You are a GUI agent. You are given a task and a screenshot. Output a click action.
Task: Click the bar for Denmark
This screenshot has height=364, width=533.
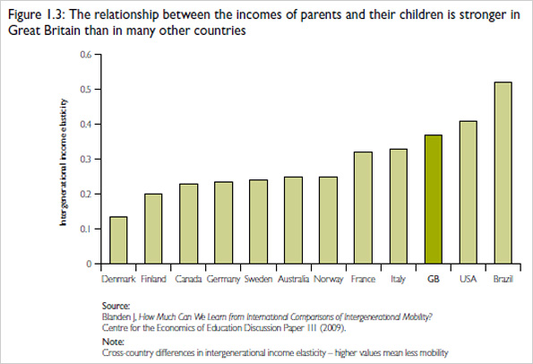pyautogui.click(x=118, y=240)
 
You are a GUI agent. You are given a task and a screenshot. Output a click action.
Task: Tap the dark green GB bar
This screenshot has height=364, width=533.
pyautogui.click(x=434, y=199)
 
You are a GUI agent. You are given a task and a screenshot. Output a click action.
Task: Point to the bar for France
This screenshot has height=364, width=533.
pyautogui.click(x=364, y=208)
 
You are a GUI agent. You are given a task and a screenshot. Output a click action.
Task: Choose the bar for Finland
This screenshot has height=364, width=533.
pyautogui.click(x=153, y=229)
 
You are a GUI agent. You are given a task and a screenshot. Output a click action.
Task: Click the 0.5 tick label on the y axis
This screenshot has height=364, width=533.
pyautogui.click(x=86, y=89)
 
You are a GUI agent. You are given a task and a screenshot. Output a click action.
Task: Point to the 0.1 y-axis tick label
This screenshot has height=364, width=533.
pyautogui.click(x=86, y=229)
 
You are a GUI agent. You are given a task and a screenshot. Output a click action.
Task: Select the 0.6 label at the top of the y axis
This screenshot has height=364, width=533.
pyautogui.click(x=86, y=54)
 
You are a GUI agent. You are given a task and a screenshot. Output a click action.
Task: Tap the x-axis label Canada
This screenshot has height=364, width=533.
pyautogui.click(x=188, y=279)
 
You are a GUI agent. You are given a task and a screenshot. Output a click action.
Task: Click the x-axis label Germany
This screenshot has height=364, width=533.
pyautogui.click(x=223, y=279)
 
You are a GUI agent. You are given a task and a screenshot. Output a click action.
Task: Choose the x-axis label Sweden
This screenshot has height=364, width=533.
pyautogui.click(x=257, y=279)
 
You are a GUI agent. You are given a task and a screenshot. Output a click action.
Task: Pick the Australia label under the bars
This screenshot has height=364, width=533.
pyautogui.click(x=293, y=279)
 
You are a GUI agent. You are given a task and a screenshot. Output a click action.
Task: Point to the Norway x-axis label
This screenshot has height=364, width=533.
pyautogui.click(x=328, y=279)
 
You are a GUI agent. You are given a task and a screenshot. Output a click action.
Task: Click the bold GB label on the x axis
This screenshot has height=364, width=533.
pyautogui.click(x=434, y=279)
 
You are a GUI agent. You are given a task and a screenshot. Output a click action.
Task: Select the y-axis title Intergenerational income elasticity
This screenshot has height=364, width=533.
pyautogui.click(x=64, y=160)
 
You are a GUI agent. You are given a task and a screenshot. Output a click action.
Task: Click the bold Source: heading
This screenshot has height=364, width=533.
pyautogui.click(x=118, y=306)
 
